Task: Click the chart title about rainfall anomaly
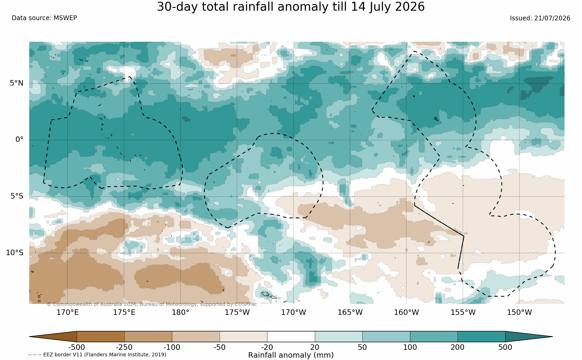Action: click(291, 7)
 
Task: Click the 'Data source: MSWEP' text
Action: click(44, 18)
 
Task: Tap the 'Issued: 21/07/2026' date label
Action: click(540, 18)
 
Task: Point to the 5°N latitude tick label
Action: click(17, 83)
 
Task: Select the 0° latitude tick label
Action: click(20, 140)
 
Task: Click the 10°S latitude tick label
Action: click(15, 253)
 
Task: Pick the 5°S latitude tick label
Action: click(17, 196)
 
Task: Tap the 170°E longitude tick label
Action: click(68, 312)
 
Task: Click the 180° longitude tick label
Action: click(181, 312)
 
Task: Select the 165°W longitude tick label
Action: click(350, 312)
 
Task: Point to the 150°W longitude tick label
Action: click(519, 312)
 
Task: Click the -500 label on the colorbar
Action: click(77, 347)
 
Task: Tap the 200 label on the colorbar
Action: click(458, 347)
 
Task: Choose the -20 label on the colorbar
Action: click(267, 347)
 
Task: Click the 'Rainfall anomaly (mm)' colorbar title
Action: click(291, 355)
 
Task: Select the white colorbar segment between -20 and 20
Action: click(291, 337)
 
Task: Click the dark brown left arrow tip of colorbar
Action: click(29, 337)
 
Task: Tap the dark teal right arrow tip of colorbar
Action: click(553, 337)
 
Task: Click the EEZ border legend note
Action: click(97, 355)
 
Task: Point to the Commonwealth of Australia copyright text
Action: click(152, 304)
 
